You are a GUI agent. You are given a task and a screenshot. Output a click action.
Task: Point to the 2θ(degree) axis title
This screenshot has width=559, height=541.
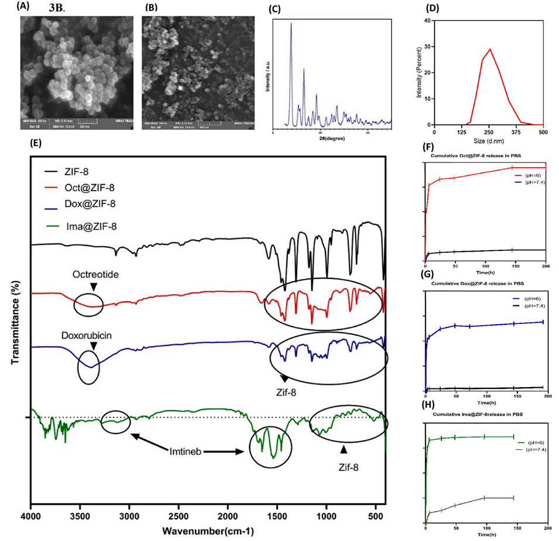click(x=331, y=140)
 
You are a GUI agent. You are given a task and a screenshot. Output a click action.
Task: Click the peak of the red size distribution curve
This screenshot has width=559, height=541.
click(x=490, y=49)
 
